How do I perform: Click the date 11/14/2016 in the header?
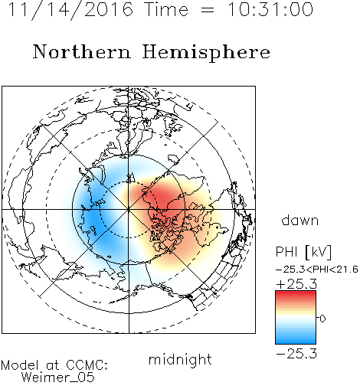(x=70, y=10)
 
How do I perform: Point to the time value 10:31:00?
(x=270, y=9)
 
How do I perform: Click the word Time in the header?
(x=166, y=9)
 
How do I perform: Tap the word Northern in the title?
(x=81, y=51)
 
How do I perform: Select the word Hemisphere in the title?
(x=206, y=53)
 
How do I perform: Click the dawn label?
(x=299, y=220)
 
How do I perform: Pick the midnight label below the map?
(x=180, y=361)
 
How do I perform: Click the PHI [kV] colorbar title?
(x=303, y=252)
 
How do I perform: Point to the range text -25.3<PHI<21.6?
(x=317, y=270)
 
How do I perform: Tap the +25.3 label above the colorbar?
(x=296, y=284)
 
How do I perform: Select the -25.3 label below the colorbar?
(x=296, y=354)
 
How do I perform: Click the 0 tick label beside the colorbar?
(x=322, y=319)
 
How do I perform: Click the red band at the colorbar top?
(x=296, y=294)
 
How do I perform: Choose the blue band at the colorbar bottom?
(x=296, y=341)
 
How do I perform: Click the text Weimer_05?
(x=58, y=378)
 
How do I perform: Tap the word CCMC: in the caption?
(x=87, y=365)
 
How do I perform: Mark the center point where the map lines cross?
(x=129, y=209)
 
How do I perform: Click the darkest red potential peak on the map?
(x=163, y=198)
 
